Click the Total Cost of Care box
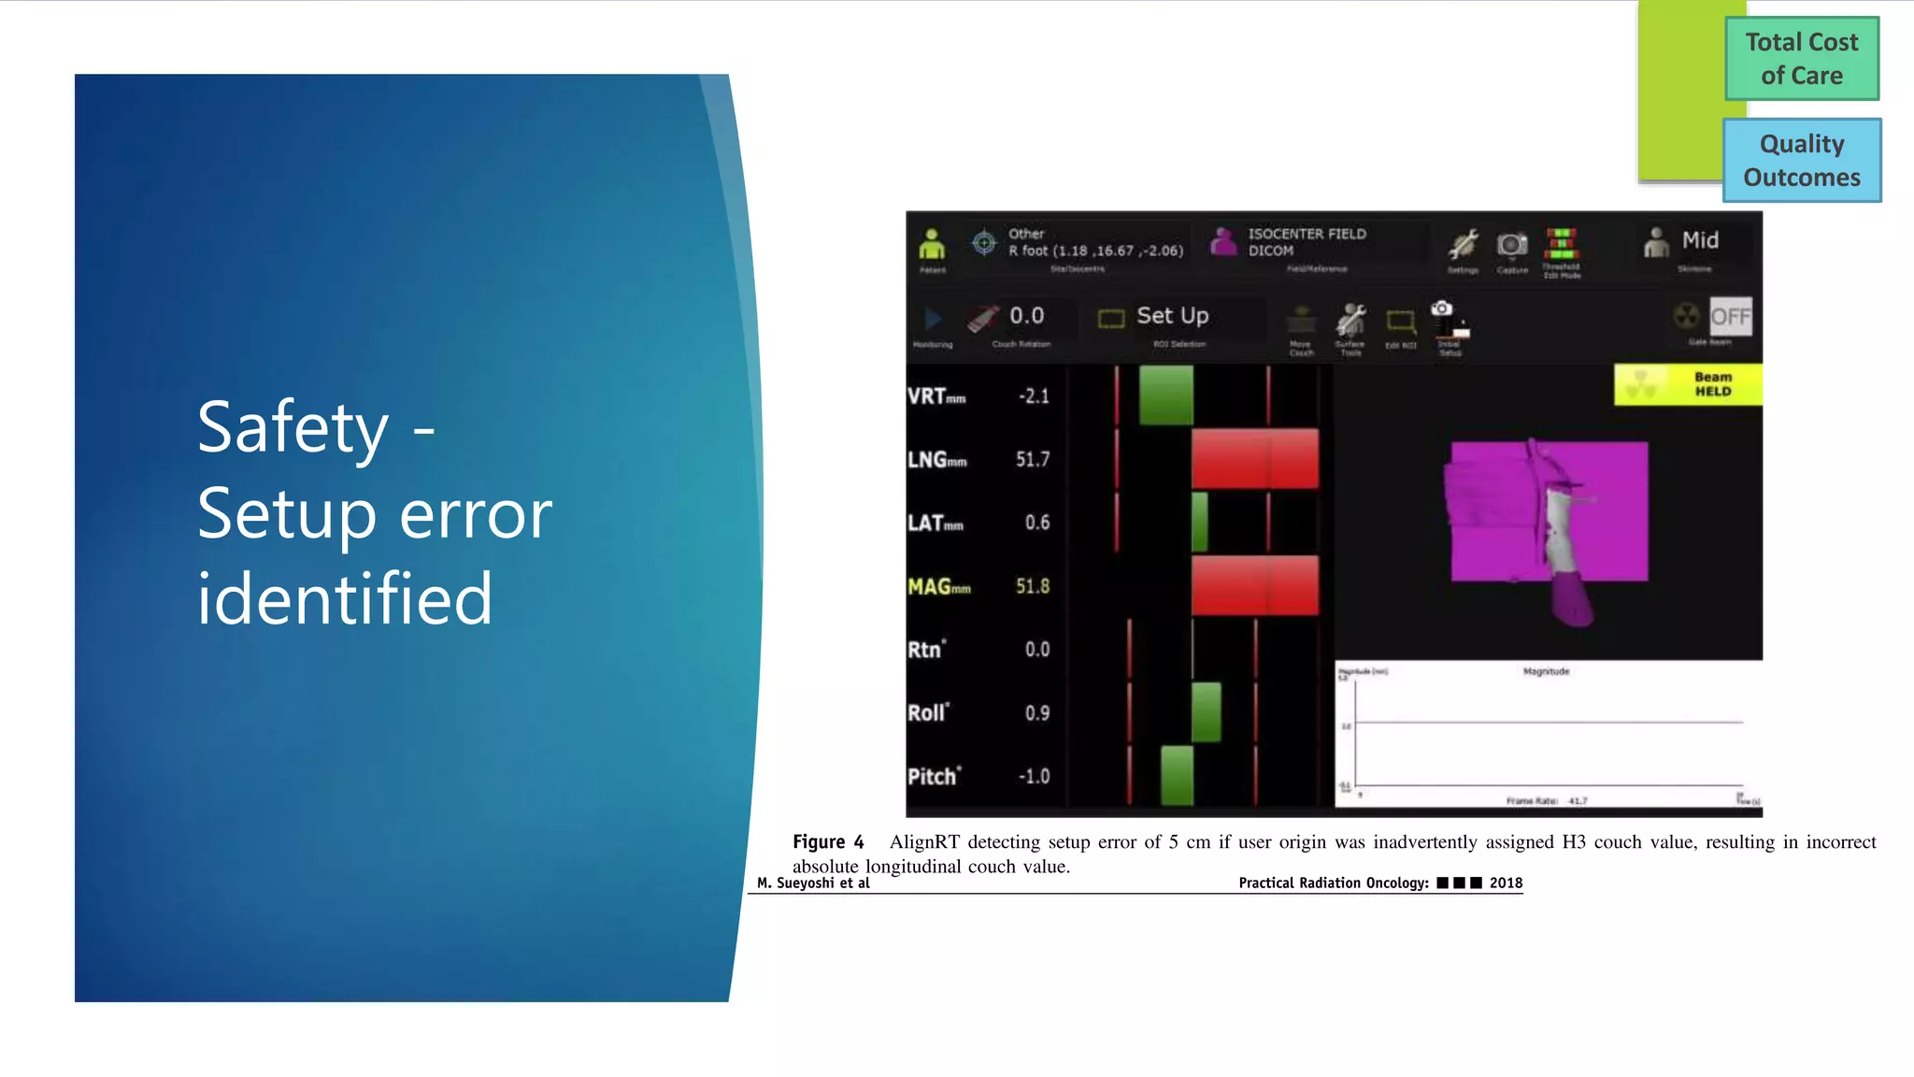(1801, 58)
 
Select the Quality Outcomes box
(1801, 160)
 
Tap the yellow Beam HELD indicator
(1688, 384)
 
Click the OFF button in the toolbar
(1730, 317)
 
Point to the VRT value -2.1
(1034, 396)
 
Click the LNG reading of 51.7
(1033, 459)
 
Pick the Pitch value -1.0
(1034, 776)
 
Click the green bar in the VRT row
(1165, 395)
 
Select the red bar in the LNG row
(1254, 458)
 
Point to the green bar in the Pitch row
(1177, 775)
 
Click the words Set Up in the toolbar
(1172, 316)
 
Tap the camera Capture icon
(1511, 245)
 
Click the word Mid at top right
(1700, 240)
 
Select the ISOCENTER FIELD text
(1307, 234)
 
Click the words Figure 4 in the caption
(828, 841)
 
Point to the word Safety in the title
(293, 427)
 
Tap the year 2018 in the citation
(1506, 883)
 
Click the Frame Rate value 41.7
(1578, 800)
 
